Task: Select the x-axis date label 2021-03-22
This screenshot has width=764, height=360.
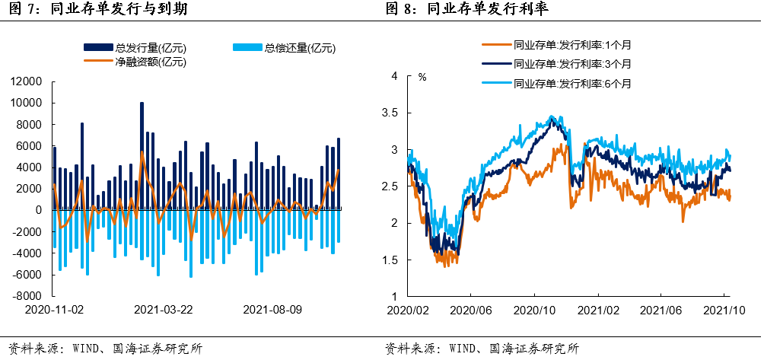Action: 162,311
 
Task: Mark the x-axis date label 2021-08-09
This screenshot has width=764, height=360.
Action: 271,311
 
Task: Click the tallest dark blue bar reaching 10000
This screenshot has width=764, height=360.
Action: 142,156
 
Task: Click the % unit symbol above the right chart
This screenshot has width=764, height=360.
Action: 422,77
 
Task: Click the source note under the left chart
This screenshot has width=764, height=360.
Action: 106,349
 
